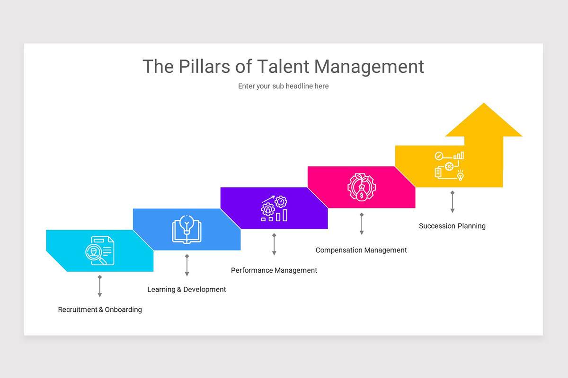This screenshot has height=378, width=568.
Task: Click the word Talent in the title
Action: (283, 67)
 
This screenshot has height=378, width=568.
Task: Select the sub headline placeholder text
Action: (283, 86)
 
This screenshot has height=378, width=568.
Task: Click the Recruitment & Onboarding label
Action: (100, 309)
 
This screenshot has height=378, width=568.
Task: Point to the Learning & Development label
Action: (186, 289)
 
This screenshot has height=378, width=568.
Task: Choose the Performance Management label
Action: (274, 270)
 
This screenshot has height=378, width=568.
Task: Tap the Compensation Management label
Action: (361, 250)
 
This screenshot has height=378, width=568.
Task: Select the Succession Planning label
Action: (452, 226)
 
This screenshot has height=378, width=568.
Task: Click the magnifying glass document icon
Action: (100, 250)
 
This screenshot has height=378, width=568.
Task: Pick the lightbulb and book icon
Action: (186, 229)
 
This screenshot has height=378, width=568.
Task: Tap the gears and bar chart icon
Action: (274, 208)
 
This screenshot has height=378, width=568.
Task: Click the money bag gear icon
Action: (361, 187)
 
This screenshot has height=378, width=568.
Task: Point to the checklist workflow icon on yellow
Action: (449, 166)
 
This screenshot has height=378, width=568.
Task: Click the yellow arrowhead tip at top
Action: (484, 106)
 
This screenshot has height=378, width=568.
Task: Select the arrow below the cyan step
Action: (100, 286)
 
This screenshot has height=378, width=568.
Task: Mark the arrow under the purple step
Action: (274, 245)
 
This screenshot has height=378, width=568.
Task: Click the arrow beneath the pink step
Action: (362, 224)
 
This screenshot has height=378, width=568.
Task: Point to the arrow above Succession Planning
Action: (453, 202)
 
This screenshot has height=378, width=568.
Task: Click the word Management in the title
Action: (369, 67)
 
